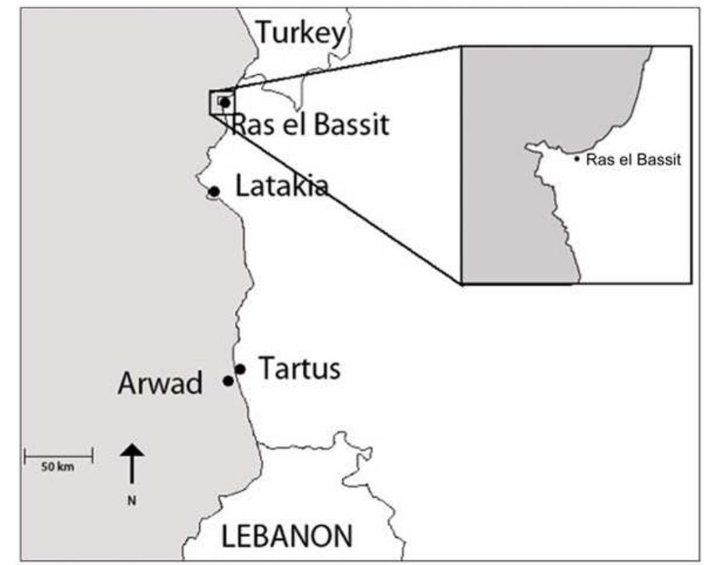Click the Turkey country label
point(301,33)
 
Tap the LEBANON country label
point(287,536)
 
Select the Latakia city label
point(281,186)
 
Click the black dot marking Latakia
point(214,191)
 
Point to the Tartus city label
point(299,368)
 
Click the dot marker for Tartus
point(240,369)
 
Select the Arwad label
point(160,383)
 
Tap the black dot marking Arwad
point(228,381)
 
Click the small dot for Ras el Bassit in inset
point(577,160)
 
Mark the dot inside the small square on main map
point(224,102)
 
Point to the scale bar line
point(59,454)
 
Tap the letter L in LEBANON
point(229,536)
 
